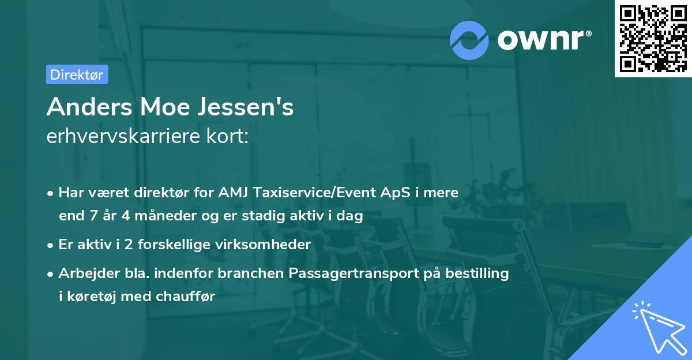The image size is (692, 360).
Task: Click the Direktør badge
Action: (x=77, y=74)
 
